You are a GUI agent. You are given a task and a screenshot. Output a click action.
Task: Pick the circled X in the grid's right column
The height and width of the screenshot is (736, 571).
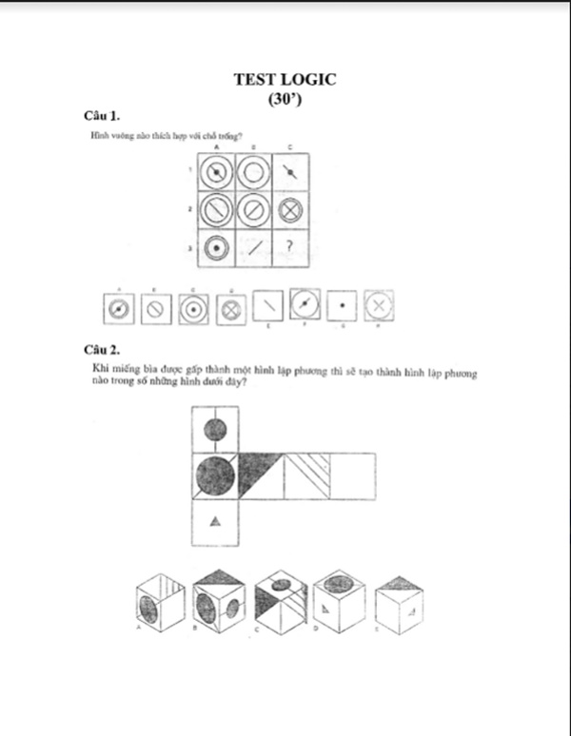point(289,208)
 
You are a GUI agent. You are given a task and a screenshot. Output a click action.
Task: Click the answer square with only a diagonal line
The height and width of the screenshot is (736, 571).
point(270,307)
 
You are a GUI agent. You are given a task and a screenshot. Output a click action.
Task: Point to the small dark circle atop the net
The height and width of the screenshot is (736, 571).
point(215,430)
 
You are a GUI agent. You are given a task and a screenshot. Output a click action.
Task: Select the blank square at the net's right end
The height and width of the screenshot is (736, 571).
point(352,475)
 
